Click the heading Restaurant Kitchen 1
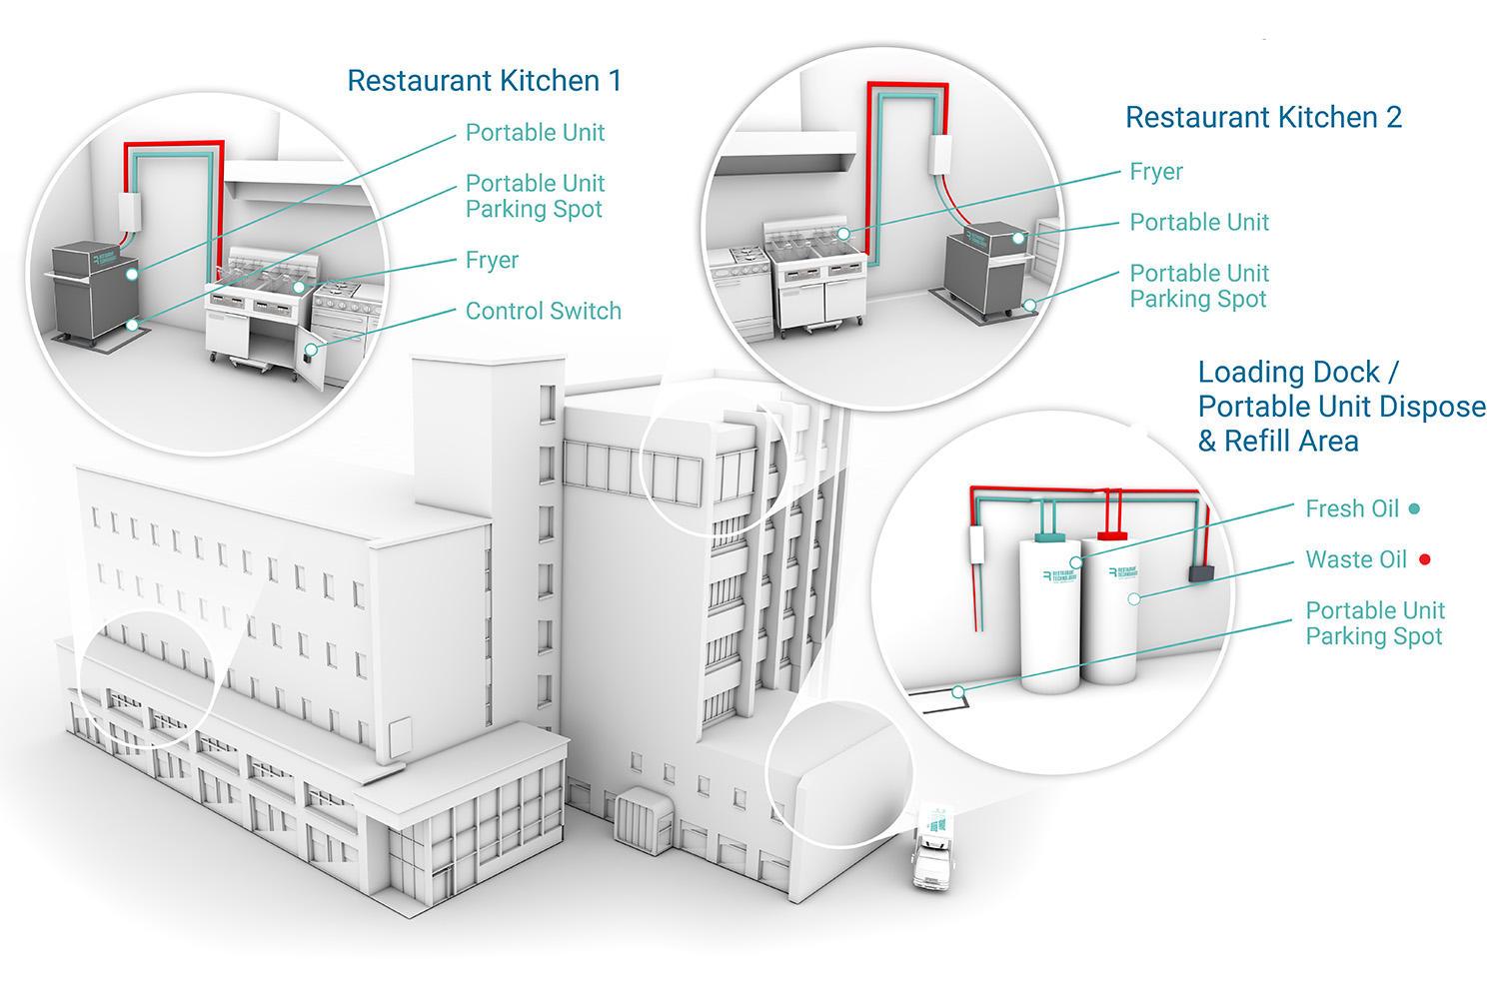[x=484, y=81]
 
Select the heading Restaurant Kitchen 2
[x=1263, y=117]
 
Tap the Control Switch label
[x=543, y=311]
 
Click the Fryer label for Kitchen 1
[x=492, y=260]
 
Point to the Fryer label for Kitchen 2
[x=1156, y=172]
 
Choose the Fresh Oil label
[x=1351, y=508]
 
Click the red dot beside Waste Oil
[x=1424, y=559]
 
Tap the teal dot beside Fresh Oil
[x=1414, y=508]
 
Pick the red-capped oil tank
[x=1115, y=609]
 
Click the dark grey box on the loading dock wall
[x=1199, y=572]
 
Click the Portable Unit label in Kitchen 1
[x=535, y=133]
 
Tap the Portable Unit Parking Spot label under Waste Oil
[x=1375, y=623]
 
